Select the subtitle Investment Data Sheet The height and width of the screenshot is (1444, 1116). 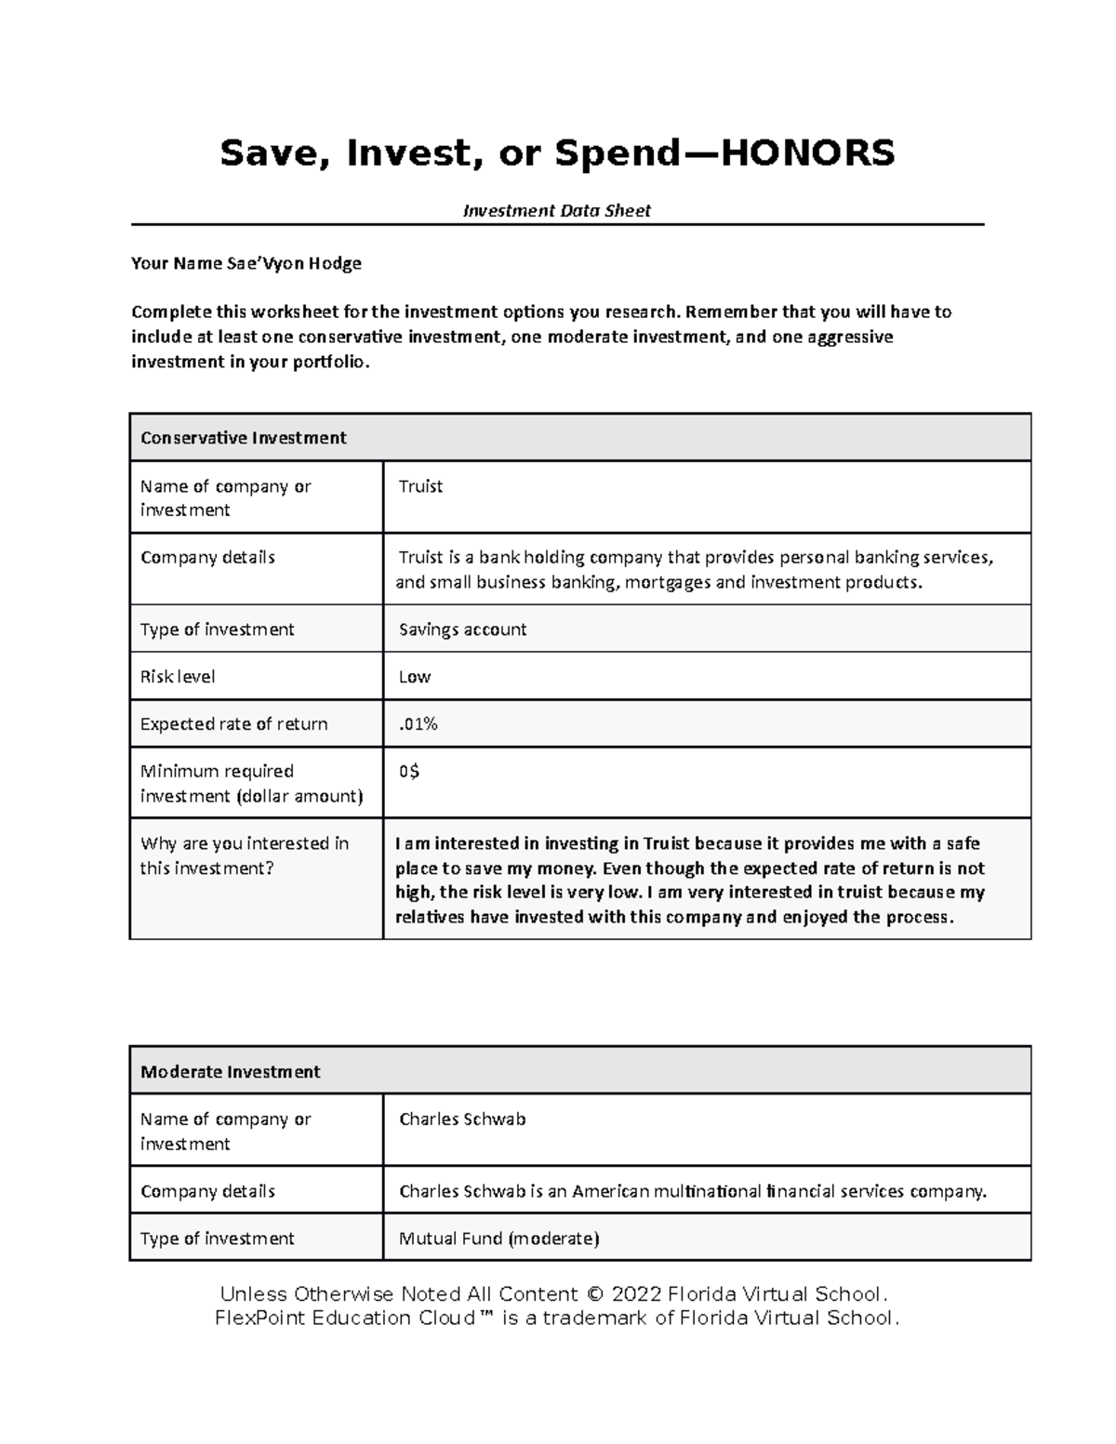pos(556,211)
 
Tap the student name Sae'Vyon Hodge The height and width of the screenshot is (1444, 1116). pos(294,263)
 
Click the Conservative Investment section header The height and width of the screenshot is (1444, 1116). pos(243,438)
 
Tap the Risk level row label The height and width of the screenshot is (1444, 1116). pos(178,677)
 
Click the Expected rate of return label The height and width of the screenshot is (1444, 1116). pos(233,724)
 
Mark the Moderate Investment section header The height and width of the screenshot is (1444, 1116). pos(230,1071)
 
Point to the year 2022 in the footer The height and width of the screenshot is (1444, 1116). pos(637,1294)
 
